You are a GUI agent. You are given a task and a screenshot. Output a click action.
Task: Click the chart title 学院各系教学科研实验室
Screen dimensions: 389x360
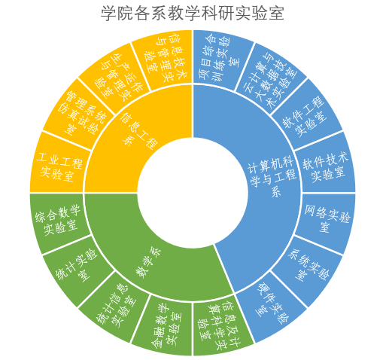[x=193, y=13]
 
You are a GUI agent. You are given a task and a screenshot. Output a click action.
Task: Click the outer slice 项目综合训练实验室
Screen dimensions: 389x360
[x=218, y=59]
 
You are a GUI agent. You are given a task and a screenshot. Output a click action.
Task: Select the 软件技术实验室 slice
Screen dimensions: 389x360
[x=326, y=166]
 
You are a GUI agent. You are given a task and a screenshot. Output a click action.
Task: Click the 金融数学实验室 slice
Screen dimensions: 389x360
[x=166, y=326]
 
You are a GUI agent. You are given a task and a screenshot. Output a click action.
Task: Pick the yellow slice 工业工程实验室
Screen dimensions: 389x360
[x=59, y=166]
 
